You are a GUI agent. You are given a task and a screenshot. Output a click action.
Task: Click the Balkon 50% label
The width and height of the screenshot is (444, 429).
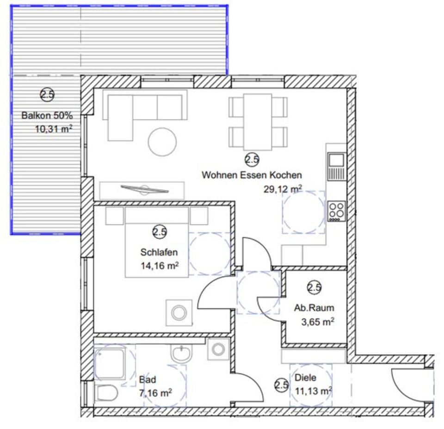pos(47,116)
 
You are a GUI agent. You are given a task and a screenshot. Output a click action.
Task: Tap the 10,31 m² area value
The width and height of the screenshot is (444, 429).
pos(54,130)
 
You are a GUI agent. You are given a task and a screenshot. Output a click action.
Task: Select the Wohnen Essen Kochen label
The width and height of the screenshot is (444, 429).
pos(252,175)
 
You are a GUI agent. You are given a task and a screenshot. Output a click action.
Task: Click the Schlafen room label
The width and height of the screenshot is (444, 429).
pos(159,253)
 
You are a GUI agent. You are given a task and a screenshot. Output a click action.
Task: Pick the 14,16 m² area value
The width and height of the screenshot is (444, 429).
pos(160,266)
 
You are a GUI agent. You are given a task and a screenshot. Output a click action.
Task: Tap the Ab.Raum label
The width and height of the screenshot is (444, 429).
pos(314,308)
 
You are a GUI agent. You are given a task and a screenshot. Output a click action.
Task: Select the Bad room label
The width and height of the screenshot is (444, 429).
pos(148,380)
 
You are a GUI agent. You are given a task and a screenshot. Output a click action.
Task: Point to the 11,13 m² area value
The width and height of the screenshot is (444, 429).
pos(313,391)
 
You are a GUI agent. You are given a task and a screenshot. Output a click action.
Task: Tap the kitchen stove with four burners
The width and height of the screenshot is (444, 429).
pos(336,211)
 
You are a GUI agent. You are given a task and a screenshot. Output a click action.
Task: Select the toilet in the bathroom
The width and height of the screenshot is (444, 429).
pos(106,393)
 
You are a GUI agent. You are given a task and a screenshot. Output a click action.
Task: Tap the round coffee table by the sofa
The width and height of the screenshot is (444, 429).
pos(162,141)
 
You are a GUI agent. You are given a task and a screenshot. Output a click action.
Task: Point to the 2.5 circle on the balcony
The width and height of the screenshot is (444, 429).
pos(47,95)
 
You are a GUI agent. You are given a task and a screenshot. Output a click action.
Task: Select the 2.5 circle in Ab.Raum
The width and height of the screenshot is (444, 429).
pos(314,287)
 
